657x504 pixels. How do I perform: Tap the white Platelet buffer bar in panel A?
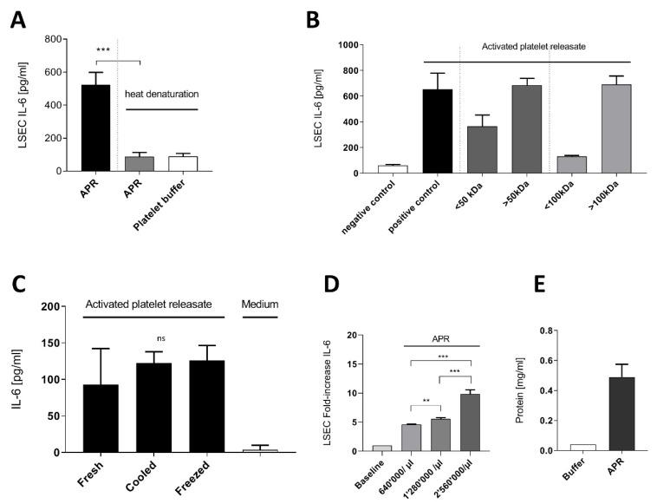pos(182,164)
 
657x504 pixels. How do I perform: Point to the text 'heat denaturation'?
pos(164,94)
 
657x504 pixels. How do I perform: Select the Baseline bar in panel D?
pos(382,448)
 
